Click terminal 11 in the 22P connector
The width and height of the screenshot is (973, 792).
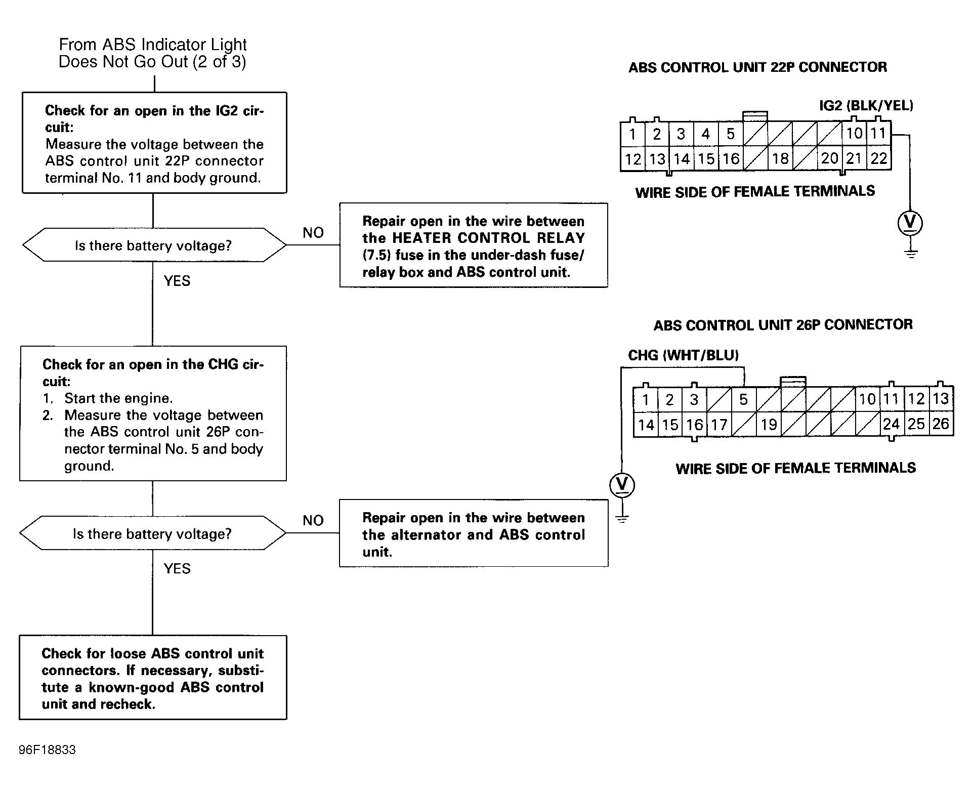point(879,133)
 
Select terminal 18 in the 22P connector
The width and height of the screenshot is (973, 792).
point(780,158)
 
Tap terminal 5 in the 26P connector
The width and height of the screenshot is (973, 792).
point(743,400)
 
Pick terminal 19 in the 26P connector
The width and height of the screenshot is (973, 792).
point(769,424)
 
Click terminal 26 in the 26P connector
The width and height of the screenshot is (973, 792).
point(941,424)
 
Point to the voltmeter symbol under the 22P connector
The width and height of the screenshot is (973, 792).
point(910,223)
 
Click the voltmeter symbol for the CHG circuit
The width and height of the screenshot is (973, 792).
point(622,485)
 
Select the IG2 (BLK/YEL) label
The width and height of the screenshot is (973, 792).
point(866,105)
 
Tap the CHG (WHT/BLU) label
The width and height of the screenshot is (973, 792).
point(684,355)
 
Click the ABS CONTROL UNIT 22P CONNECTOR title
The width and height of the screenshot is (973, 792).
point(757,67)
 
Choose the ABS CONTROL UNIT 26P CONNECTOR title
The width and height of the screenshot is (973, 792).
point(783,324)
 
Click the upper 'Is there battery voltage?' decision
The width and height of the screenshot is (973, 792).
point(154,245)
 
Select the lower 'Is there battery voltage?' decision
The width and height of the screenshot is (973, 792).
point(153,533)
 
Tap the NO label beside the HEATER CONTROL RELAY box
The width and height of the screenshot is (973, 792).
point(313,233)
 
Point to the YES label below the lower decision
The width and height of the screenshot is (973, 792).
point(177,568)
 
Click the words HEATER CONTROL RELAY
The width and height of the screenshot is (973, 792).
point(489,238)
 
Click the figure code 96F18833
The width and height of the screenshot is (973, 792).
point(47,749)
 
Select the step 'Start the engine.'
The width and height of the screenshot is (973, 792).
point(118,398)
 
